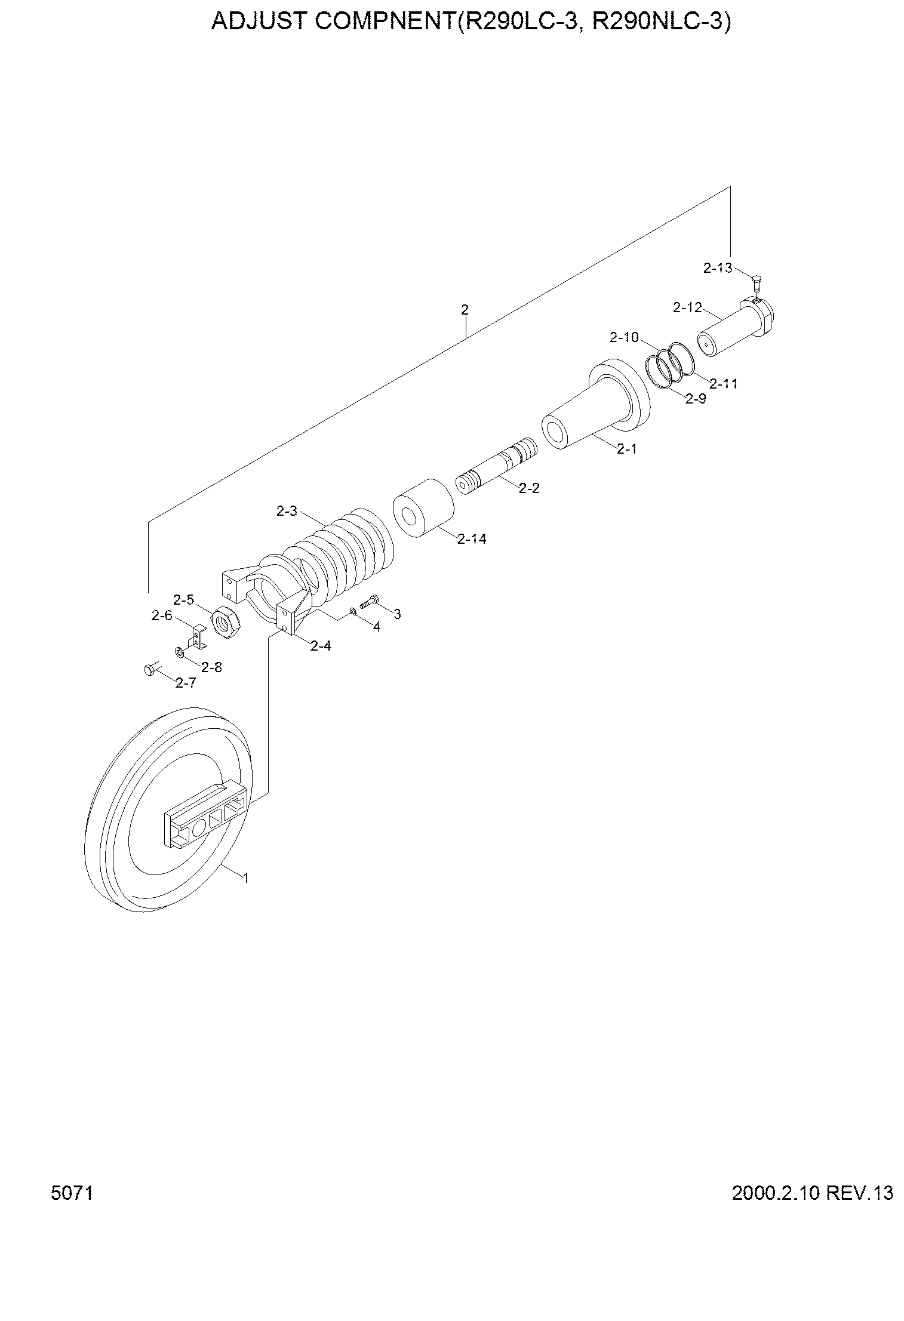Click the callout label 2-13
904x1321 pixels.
click(x=718, y=269)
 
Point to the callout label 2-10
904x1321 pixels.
click(x=624, y=338)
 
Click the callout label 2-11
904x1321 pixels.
click(x=723, y=384)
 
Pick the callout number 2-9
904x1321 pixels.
click(x=696, y=399)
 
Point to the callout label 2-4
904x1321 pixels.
click(x=321, y=646)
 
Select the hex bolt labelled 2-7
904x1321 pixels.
click(x=150, y=670)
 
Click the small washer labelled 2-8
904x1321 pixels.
click(x=179, y=651)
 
